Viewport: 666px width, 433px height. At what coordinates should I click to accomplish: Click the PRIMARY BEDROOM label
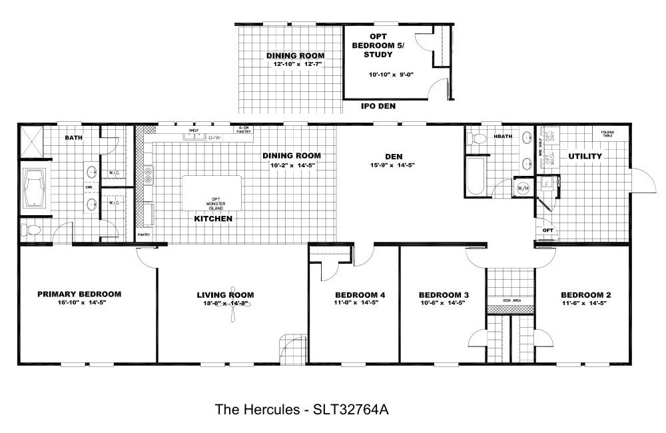click(x=79, y=294)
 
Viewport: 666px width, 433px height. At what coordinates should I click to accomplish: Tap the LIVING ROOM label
click(x=225, y=294)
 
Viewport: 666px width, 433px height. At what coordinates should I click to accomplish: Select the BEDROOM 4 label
click(x=360, y=294)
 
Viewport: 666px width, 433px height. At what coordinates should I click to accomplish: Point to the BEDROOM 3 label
click(x=444, y=294)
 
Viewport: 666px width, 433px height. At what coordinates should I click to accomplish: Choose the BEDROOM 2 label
click(x=585, y=294)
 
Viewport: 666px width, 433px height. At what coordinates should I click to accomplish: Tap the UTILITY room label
click(x=585, y=156)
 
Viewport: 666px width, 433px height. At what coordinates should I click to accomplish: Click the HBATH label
click(x=503, y=137)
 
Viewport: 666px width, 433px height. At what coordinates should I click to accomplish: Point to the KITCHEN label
click(x=213, y=218)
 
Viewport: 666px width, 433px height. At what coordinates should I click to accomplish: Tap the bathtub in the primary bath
click(x=33, y=190)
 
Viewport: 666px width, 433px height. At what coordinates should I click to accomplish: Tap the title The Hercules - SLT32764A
click(x=301, y=408)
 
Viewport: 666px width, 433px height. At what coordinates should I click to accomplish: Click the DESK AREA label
click(x=511, y=300)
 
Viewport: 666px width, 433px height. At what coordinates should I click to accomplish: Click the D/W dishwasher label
click(x=214, y=137)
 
